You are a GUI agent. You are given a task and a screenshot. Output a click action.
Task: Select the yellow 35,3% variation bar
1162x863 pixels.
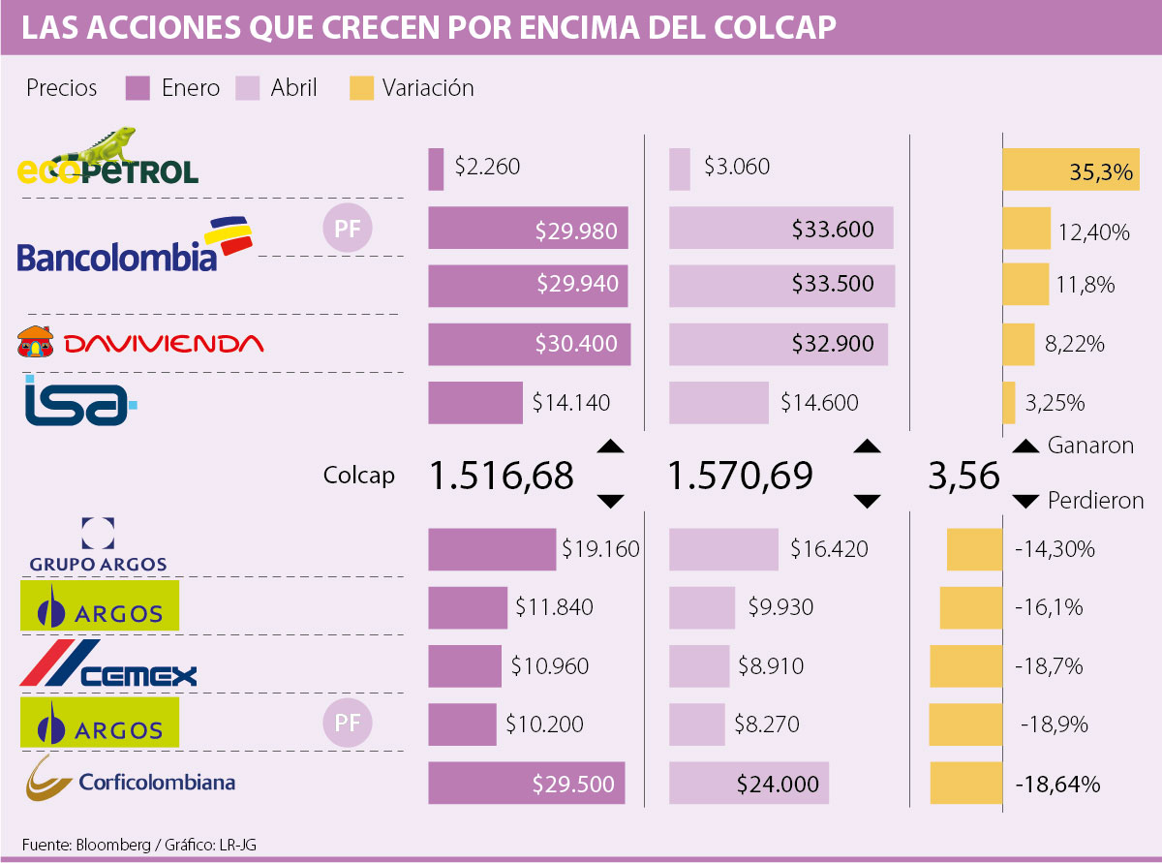(1071, 170)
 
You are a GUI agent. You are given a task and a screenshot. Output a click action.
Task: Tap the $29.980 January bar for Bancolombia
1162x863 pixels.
(529, 230)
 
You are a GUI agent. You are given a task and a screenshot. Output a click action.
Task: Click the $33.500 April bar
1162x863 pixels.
(781, 285)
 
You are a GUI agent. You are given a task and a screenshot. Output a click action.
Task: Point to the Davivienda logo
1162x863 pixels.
(139, 343)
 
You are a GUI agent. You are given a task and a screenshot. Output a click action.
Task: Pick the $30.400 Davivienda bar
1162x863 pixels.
(529, 344)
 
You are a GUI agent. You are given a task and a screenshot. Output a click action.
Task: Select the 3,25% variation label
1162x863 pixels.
(1062, 402)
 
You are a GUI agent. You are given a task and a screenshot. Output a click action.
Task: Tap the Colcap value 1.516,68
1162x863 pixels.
(502, 476)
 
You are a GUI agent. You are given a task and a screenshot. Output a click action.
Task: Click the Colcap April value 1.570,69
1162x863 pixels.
(741, 476)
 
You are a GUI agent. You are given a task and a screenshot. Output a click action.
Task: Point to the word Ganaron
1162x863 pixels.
(1090, 446)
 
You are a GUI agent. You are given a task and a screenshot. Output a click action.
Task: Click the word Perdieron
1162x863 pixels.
(1095, 501)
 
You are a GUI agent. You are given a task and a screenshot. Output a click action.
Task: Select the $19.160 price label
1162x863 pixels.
(600, 549)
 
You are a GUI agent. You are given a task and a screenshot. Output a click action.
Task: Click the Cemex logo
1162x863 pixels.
(108, 666)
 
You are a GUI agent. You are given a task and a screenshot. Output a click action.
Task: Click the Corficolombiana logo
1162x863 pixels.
(131, 781)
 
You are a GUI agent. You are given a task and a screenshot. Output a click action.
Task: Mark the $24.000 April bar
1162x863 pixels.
(749, 784)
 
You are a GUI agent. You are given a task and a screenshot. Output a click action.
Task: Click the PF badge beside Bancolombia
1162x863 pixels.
(348, 230)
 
